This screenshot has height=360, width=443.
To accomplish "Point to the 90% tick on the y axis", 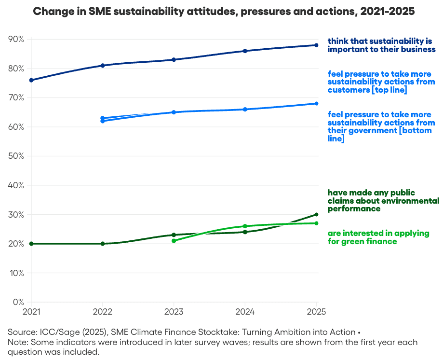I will (16, 39).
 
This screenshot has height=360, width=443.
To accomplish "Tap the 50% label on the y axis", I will (16, 156).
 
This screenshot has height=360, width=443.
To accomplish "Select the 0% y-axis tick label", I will (18, 302).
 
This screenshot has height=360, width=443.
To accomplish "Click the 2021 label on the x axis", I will (31, 312).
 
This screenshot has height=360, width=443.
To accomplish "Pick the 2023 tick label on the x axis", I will (174, 312).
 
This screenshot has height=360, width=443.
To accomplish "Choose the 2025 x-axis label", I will (316, 312).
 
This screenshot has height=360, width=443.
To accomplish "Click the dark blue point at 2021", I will (31, 80).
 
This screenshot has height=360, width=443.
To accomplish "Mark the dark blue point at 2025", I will (316, 45).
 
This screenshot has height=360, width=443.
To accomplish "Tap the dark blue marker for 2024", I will (245, 51).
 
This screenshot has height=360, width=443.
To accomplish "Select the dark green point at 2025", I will (316, 214).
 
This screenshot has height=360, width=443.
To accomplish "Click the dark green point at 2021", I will (31, 244).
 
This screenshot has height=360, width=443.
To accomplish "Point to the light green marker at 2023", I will (174, 241).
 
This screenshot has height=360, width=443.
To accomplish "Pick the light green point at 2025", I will (316, 223).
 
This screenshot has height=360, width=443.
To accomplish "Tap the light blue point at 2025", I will (316, 103).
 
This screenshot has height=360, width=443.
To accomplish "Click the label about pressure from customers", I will (379, 82).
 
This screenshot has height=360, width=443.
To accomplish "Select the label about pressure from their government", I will (379, 126).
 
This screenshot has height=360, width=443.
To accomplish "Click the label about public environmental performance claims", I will (383, 201).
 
